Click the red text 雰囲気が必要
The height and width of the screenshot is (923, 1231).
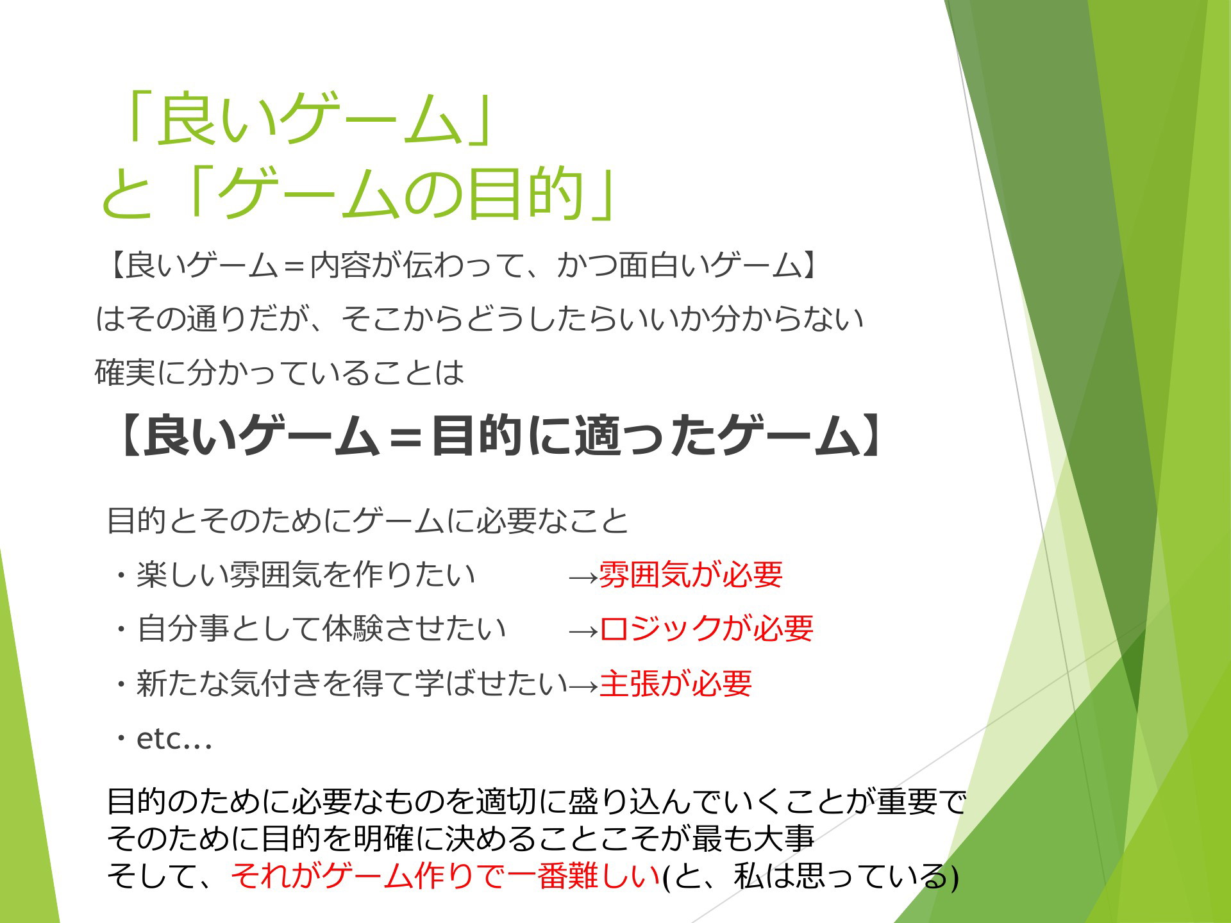coord(691,574)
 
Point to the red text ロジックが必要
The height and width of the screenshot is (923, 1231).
coord(706,629)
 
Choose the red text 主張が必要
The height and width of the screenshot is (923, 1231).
coord(675,683)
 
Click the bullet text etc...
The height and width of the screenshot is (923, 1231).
coord(174,739)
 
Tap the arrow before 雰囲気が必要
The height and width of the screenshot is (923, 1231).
coord(583,578)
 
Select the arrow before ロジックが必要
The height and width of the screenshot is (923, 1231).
coord(583,632)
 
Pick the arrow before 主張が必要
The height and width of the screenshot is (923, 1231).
coord(583,686)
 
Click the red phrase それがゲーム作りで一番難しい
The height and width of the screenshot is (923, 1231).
coord(446,876)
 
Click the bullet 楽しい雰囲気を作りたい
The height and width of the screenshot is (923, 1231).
coord(305,574)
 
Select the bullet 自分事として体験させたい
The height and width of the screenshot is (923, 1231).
coord(321,629)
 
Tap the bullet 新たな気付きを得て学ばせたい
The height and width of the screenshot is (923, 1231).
coord(352,683)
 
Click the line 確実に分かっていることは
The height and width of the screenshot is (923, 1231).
coord(280,372)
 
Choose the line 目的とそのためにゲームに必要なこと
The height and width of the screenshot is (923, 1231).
coord(367,520)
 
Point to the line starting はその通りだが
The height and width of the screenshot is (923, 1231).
coord(480,319)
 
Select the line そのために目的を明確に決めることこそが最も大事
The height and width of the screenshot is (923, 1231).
coord(460,838)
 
